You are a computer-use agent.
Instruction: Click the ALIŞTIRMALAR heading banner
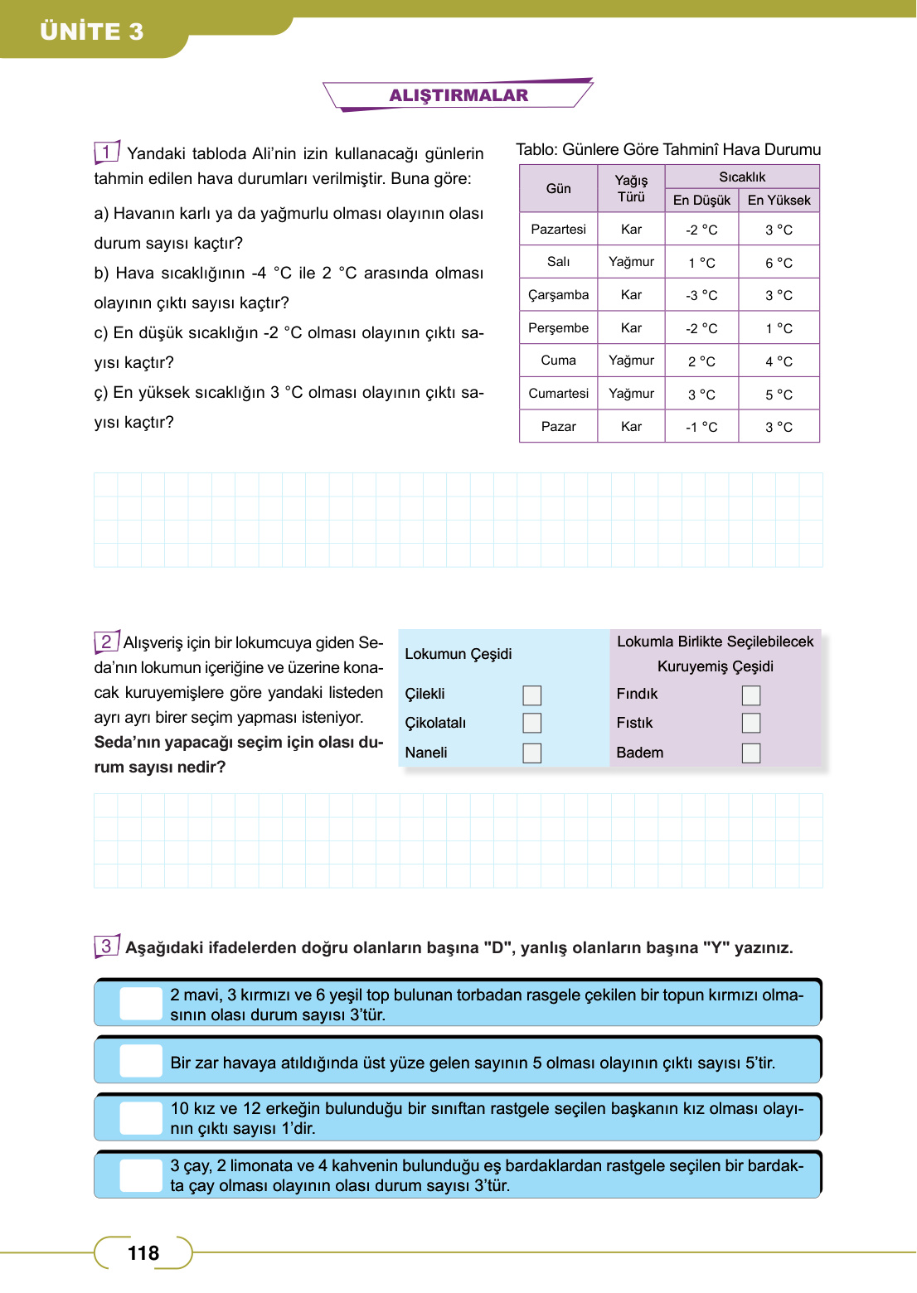(458, 95)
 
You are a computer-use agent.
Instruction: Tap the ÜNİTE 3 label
(92, 31)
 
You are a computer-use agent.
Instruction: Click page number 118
(143, 1252)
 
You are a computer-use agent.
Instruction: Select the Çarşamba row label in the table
(558, 295)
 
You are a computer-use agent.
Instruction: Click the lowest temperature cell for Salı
(701, 263)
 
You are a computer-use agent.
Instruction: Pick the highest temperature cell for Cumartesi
(779, 395)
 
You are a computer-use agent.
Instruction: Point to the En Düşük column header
(701, 201)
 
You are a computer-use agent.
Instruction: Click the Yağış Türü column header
(631, 188)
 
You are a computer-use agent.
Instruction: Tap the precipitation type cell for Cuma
(631, 361)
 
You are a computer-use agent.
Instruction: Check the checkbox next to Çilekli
(532, 695)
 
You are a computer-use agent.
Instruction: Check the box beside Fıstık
(751, 723)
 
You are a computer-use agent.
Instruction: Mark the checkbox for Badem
(751, 753)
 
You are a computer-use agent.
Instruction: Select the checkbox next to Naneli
(532, 753)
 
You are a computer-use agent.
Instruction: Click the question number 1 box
(107, 152)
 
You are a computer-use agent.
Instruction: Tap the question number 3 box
(107, 946)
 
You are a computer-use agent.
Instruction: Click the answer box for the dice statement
(141, 1061)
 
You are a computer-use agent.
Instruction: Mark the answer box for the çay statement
(141, 1175)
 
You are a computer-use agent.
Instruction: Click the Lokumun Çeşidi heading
(458, 654)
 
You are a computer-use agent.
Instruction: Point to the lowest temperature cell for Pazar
(701, 427)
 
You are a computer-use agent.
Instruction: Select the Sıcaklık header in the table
(742, 177)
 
